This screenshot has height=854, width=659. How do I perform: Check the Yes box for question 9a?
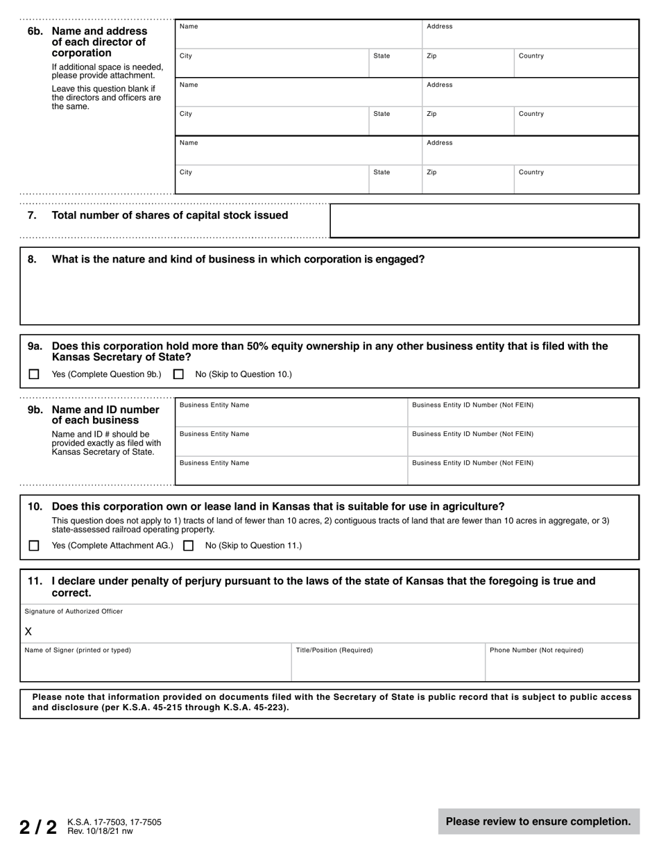[x=34, y=374]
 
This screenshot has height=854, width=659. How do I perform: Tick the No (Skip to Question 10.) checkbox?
[x=178, y=374]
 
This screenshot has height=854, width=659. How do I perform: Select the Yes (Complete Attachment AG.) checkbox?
[x=34, y=546]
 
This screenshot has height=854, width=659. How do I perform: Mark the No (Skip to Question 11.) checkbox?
[x=188, y=546]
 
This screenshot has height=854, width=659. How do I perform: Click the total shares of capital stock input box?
[x=483, y=221]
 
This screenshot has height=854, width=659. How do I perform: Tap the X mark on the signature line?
[x=28, y=632]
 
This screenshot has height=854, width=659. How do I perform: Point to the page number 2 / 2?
[x=38, y=827]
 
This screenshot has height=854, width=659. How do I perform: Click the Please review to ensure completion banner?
[x=538, y=821]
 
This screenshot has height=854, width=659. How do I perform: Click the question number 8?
[x=32, y=260]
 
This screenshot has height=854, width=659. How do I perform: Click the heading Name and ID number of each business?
[x=105, y=415]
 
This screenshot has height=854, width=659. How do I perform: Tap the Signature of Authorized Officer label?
[x=74, y=612]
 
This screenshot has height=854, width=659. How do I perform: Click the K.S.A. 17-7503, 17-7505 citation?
[x=114, y=822]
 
